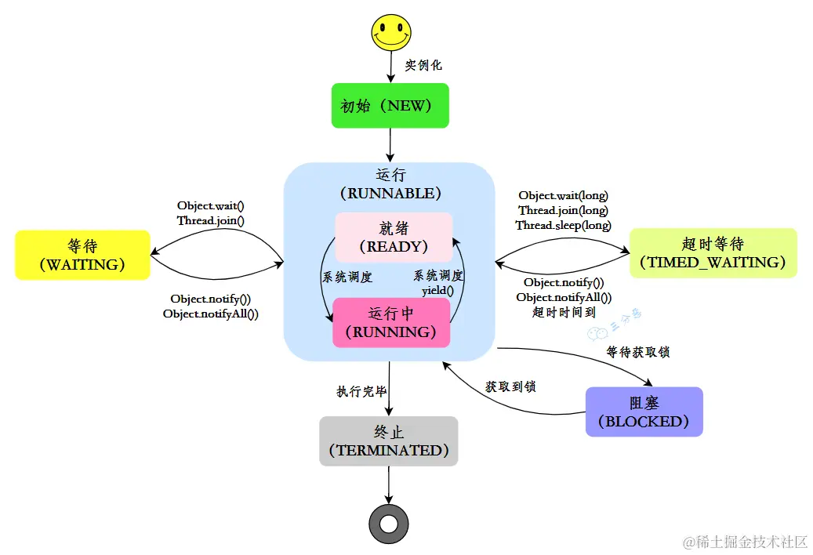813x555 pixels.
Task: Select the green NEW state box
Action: tap(390, 106)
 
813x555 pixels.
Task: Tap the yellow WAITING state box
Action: tap(82, 254)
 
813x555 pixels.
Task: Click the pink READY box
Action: tap(394, 237)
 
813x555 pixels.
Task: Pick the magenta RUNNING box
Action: tap(391, 322)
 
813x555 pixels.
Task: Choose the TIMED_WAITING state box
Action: tap(713, 252)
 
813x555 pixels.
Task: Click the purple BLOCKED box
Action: tap(644, 412)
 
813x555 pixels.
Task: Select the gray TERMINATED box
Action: tap(389, 441)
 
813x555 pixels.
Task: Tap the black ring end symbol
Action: tap(389, 523)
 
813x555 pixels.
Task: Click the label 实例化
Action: tap(423, 66)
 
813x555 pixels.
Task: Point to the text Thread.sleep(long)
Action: tap(563, 225)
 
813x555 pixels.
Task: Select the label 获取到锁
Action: tap(510, 386)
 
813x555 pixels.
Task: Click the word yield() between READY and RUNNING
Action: tap(438, 290)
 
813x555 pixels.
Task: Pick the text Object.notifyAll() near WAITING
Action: tap(211, 314)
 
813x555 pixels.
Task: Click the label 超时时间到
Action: tap(564, 311)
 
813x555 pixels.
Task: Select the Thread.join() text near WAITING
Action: tap(211, 220)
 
